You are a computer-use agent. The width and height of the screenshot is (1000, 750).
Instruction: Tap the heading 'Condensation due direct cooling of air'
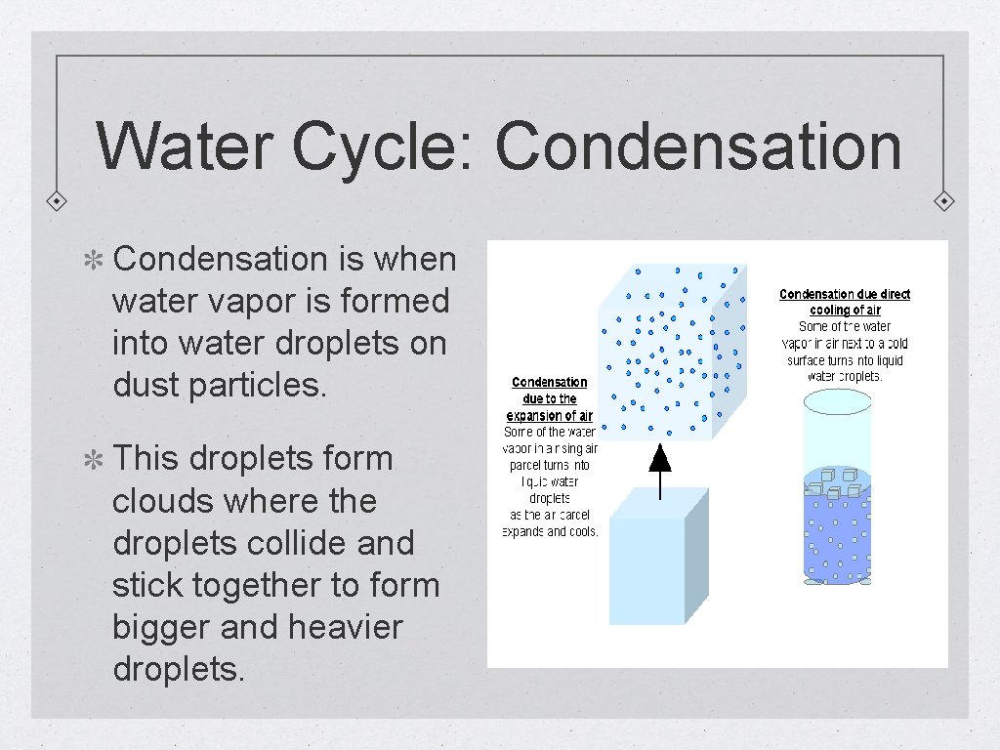(844, 302)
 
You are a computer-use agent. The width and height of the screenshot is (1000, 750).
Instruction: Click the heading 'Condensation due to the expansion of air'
(550, 398)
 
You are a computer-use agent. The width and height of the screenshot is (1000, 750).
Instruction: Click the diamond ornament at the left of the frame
(58, 201)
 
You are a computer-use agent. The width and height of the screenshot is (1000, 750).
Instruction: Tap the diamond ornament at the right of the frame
(944, 201)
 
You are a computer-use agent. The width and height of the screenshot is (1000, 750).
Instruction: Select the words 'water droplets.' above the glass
(845, 377)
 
